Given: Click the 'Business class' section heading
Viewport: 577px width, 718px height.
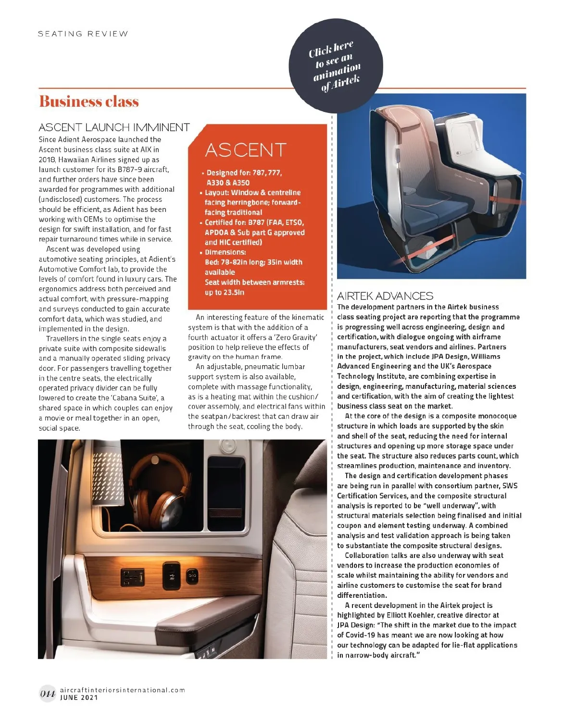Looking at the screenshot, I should [89, 102].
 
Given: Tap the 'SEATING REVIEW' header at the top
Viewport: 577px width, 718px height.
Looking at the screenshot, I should [83, 34].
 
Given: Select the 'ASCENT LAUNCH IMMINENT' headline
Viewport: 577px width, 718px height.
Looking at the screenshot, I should [114, 127].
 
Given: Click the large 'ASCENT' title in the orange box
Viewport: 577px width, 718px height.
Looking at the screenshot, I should [246, 150].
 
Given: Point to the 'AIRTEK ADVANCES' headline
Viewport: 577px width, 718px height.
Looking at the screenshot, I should [385, 296].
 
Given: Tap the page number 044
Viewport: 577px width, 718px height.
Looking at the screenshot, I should [47, 693].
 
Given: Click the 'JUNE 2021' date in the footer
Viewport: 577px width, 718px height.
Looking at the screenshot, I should [79, 698].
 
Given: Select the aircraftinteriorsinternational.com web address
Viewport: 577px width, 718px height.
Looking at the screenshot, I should [122, 690].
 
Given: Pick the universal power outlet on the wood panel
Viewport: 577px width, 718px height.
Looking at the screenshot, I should [133, 576].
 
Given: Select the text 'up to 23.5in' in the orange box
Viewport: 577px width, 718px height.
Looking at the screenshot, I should [225, 292].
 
